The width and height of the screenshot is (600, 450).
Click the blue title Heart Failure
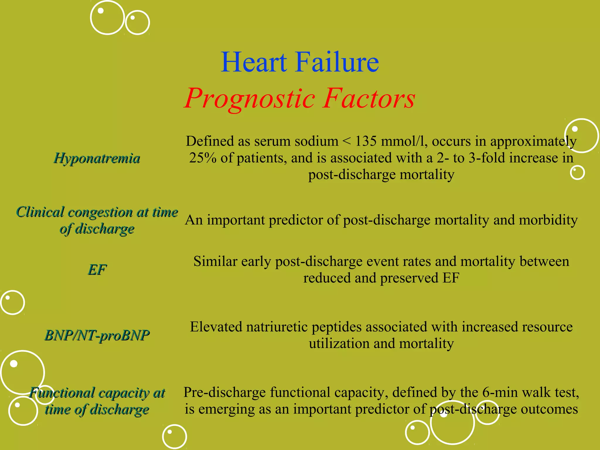click(x=300, y=62)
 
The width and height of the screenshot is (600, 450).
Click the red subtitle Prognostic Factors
click(x=300, y=98)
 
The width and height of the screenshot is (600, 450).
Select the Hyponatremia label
click(x=97, y=158)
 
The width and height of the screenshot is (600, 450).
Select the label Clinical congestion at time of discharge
click(x=97, y=220)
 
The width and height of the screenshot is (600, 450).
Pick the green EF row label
click(x=97, y=270)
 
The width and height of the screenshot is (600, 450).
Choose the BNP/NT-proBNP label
click(x=97, y=335)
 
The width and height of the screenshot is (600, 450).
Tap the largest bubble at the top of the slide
click(x=107, y=18)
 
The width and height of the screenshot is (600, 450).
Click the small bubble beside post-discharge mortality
click(x=577, y=172)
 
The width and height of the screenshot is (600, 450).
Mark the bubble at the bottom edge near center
click(x=174, y=437)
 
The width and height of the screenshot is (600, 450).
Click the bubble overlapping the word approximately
click(x=581, y=136)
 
